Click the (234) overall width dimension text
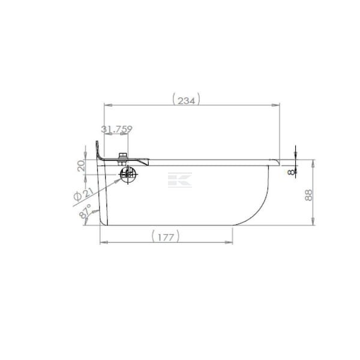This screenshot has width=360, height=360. (x=186, y=100)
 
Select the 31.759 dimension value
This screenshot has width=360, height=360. (x=117, y=129)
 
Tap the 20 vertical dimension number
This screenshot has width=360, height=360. (x=81, y=166)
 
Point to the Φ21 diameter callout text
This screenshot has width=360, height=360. (x=83, y=194)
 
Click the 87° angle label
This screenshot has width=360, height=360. (x=85, y=211)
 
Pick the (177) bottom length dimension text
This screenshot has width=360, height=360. (x=166, y=236)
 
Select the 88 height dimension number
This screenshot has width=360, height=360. (x=309, y=195)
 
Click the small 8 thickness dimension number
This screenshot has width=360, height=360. (x=291, y=172)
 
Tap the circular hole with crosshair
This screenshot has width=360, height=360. (x=128, y=175)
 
